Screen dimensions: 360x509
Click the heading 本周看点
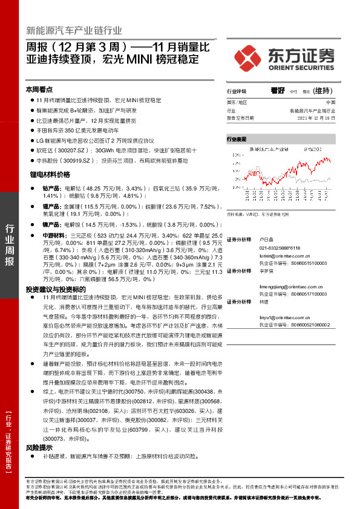tap(39, 89)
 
